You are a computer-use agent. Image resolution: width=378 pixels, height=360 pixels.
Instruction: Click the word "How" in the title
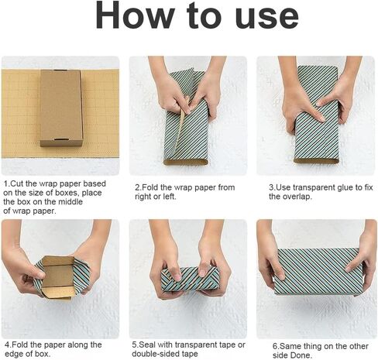coord(134,16)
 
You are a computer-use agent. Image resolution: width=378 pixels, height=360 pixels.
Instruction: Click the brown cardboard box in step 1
coord(61,108)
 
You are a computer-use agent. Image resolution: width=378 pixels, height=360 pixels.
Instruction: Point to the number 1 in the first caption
coord(5,183)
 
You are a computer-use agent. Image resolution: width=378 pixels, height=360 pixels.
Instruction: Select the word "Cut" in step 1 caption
coord(17,183)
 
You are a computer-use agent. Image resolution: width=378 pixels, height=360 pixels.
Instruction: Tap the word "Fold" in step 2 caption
coord(150,187)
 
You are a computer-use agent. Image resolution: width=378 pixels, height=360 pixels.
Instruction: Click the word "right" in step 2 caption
coord(143,197)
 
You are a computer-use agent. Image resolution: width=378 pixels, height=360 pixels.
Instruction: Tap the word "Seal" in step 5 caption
coord(147,345)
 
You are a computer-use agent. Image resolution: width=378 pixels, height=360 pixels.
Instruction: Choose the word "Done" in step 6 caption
coord(300,355)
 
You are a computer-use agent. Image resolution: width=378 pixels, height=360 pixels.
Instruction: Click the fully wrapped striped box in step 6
coord(318,272)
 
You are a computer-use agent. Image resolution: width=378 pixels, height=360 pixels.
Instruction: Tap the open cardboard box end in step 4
coord(59,276)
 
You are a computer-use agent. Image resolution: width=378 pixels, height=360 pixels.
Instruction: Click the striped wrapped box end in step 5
coord(190,278)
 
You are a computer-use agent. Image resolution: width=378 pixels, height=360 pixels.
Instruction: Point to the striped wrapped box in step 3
coord(317,115)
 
